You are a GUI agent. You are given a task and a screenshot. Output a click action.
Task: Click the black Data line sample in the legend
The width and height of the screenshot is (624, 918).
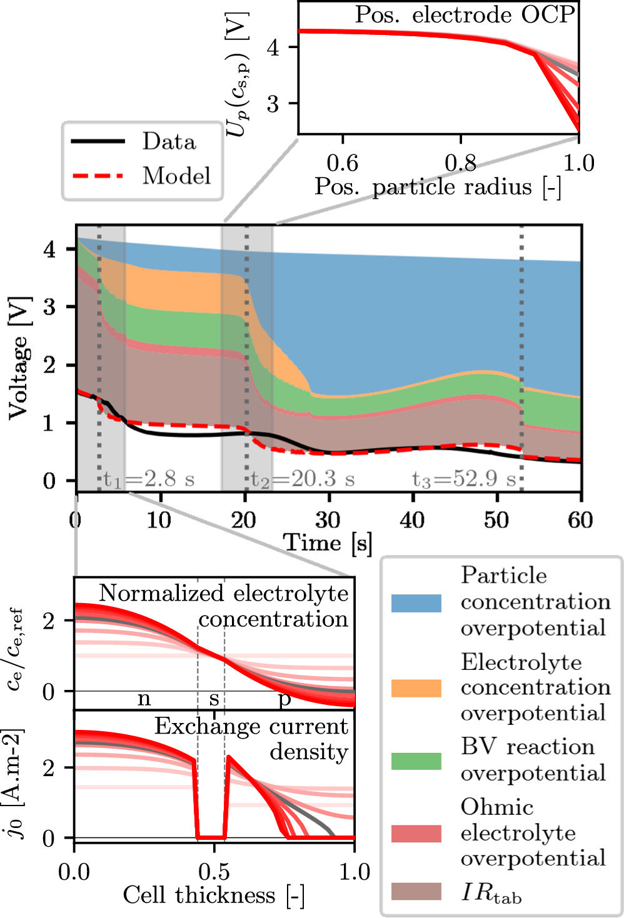coord(98,142)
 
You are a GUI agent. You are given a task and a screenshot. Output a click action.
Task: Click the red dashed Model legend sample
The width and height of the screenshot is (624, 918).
coord(98,176)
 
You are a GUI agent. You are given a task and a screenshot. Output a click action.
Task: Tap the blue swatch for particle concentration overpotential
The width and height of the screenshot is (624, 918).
coord(416,602)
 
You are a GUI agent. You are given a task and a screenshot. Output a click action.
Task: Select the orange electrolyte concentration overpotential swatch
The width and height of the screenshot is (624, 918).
coord(416,687)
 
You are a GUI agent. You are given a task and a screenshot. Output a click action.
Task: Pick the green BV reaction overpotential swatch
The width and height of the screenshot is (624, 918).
coord(416,761)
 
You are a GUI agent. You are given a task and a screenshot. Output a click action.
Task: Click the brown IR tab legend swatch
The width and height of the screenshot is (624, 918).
coord(416,892)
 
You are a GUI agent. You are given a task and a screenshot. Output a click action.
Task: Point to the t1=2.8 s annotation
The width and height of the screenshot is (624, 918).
coord(149,479)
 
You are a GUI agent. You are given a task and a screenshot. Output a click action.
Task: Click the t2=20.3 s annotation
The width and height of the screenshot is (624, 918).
coord(303,479)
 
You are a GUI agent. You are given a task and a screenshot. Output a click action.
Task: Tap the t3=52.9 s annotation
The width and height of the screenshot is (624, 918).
coord(464,479)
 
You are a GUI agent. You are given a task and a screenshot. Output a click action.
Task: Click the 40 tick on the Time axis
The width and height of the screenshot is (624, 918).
coord(413,519)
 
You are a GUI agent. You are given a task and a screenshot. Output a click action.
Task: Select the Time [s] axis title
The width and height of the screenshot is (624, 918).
coord(328,542)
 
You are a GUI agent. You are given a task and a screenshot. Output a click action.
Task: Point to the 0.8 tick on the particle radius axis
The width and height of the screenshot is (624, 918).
coord(461,163)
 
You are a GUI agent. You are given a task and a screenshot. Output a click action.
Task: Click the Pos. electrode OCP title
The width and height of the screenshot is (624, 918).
coord(465,14)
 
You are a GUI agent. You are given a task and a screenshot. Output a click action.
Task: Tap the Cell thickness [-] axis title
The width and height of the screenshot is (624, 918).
coord(214,896)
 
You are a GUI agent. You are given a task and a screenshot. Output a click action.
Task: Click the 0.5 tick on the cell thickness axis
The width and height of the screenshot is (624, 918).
coord(214,871)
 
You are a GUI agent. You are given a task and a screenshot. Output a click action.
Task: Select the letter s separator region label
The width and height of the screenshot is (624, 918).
coord(214,699)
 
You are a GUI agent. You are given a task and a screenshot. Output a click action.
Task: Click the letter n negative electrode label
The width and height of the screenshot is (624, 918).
coord(144,698)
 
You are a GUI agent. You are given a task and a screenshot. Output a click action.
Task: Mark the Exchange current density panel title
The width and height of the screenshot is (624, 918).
coord(251,739)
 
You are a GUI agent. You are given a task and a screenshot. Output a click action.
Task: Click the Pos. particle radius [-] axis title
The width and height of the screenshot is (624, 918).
coord(438,187)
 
